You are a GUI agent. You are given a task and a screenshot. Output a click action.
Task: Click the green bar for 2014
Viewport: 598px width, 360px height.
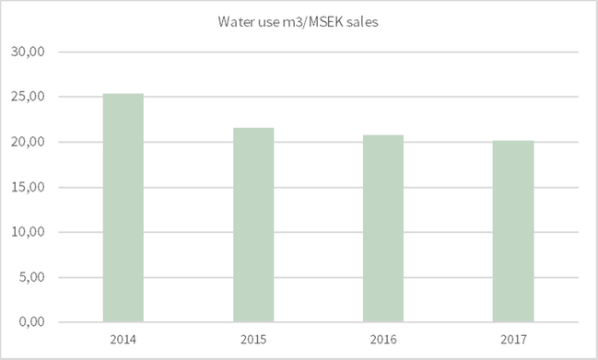point(123,207)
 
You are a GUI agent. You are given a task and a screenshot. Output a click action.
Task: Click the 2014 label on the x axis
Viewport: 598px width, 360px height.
point(123,340)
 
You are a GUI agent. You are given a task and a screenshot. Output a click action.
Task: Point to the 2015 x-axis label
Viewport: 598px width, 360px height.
point(253,340)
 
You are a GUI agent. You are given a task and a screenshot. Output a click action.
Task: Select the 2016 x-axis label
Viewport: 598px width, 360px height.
point(383,340)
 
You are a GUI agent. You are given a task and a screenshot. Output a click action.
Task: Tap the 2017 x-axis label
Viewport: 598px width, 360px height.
point(513,340)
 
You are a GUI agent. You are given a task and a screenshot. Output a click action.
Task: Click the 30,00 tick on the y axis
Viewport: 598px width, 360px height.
point(32,52)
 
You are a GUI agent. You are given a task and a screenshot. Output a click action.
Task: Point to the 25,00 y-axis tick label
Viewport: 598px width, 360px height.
point(32,98)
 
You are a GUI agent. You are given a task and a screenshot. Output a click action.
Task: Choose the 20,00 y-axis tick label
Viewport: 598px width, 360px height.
point(32,143)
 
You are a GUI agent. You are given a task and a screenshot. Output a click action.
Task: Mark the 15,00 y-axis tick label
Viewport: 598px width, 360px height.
point(32,188)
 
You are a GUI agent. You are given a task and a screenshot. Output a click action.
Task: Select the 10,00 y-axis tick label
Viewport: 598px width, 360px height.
point(32,232)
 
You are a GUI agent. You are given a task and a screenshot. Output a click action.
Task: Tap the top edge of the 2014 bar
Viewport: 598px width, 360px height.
point(123,94)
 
